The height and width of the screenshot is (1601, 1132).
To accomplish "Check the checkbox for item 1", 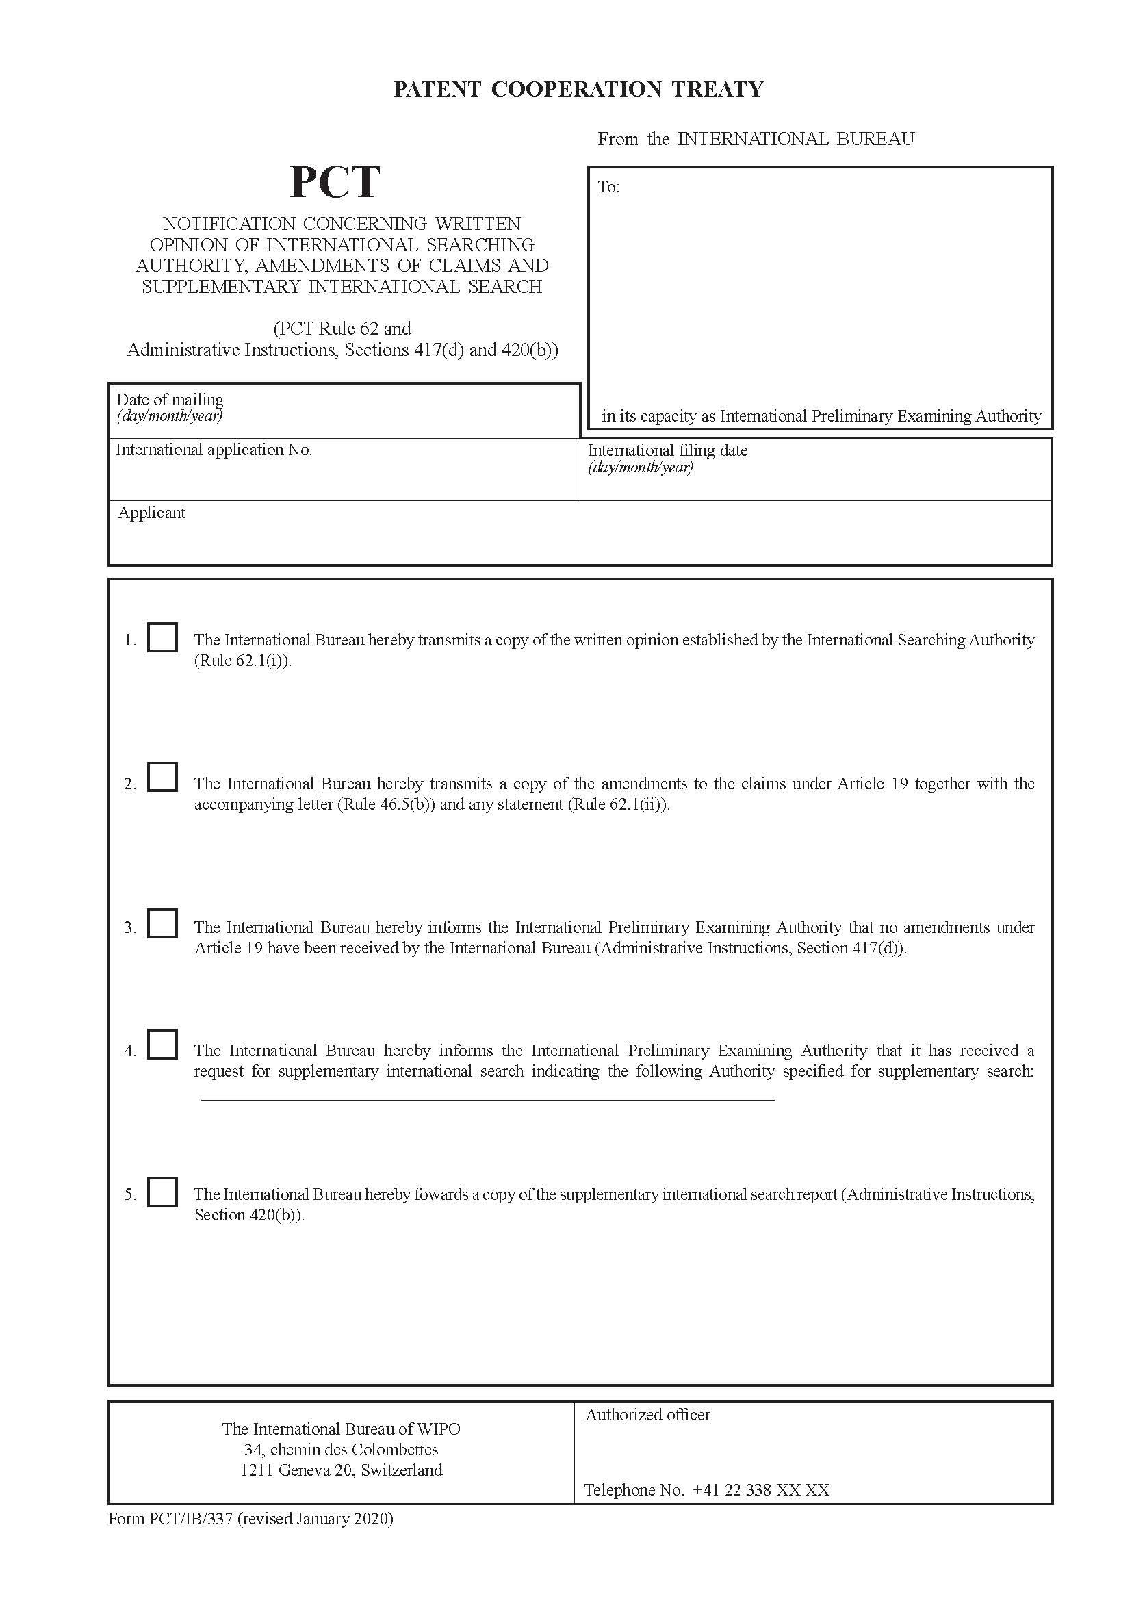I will pos(162,637).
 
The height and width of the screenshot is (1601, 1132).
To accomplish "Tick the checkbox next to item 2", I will pos(162,777).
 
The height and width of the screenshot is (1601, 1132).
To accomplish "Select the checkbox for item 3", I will pos(162,923).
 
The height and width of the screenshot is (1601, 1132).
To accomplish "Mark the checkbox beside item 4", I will pos(162,1044).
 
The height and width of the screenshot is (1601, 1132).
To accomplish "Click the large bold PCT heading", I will pos(335,182).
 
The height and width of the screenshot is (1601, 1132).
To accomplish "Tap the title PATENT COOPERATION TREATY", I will pos(578,89).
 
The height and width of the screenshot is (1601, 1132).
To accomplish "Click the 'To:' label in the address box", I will pos(608,187).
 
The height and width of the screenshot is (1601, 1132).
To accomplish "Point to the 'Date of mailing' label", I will pos(170,400).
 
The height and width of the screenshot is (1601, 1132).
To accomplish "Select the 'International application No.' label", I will pos(214,450).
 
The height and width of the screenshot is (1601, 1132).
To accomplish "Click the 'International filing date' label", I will pos(667,450).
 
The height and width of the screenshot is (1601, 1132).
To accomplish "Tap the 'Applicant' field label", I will pos(151,513).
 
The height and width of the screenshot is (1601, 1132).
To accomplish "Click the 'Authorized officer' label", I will pos(647,1415).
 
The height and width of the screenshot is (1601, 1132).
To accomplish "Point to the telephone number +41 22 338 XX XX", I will pos(760,1490).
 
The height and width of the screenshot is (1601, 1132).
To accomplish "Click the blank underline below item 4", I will pos(487,1100).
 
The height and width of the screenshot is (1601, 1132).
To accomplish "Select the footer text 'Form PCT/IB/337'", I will pos(171,1519).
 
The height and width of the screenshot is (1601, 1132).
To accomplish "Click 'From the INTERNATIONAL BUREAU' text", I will pos(755,139).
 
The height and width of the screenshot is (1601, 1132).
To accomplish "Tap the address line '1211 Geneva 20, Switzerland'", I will pos(341,1470).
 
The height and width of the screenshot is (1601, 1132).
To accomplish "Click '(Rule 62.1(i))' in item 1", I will pos(242,661).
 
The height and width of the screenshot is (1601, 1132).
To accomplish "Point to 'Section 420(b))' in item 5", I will pos(249,1215).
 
